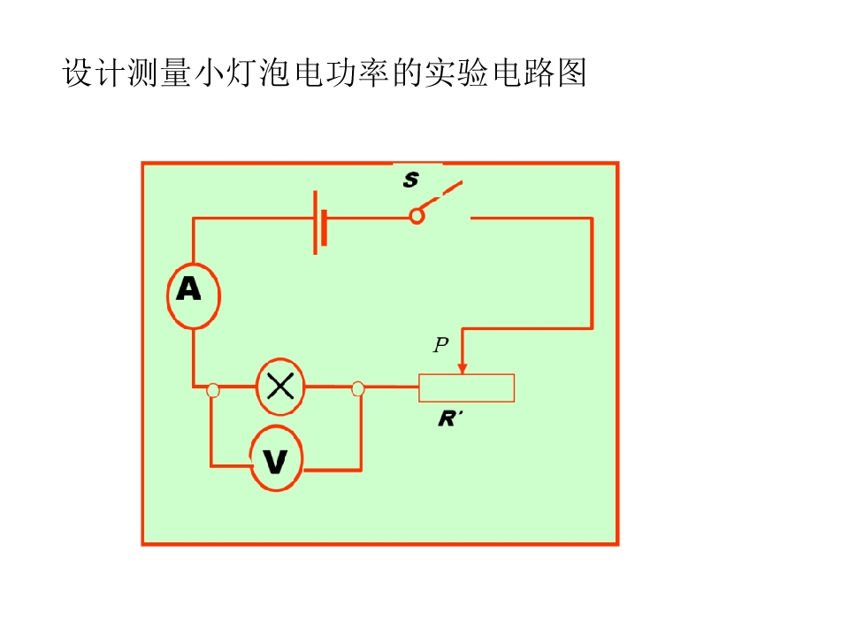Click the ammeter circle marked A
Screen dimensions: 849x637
click(194, 295)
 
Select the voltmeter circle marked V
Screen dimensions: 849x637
click(276, 458)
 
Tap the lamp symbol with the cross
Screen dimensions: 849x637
click(280, 387)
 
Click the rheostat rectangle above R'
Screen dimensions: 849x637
click(466, 388)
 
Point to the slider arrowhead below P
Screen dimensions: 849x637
click(462, 368)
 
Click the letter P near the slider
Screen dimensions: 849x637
click(441, 344)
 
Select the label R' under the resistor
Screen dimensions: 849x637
click(450, 418)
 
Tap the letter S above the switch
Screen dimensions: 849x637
click(411, 180)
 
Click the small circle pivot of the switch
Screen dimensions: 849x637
click(417, 217)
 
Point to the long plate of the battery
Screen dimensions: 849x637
click(315, 222)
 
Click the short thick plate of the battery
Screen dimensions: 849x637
click(325, 227)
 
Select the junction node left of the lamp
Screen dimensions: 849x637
click(213, 390)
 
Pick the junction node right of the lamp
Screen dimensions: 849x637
click(358, 389)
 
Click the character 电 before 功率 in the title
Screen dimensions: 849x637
click(310, 73)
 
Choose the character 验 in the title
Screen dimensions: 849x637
click(472, 73)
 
